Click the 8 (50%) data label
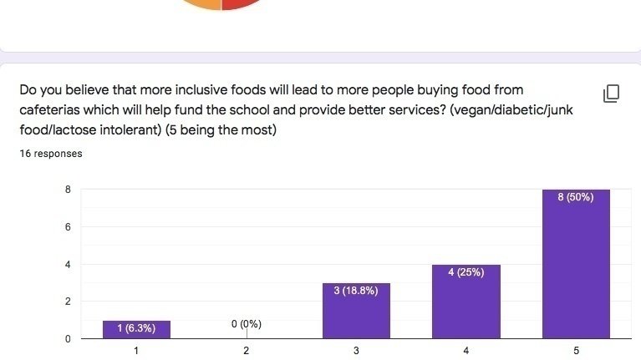(576, 198)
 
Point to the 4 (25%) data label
(466, 273)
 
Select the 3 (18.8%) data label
(356, 291)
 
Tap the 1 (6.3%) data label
(135, 328)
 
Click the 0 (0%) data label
(246, 324)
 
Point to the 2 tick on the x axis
(246, 351)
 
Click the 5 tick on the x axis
(576, 351)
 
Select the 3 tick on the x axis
(356, 351)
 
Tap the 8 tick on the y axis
(67, 190)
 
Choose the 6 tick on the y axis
(67, 227)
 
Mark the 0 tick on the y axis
(67, 338)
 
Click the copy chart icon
(611, 93)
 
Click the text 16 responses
(51, 154)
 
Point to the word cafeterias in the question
(52, 110)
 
